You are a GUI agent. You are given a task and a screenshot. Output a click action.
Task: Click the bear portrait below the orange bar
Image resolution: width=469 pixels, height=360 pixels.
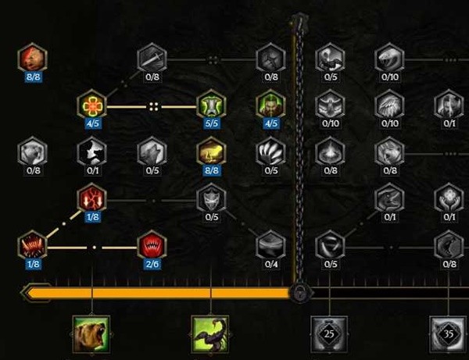coord(91,334)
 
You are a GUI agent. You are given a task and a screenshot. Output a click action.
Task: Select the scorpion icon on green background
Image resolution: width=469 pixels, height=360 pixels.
coord(210,334)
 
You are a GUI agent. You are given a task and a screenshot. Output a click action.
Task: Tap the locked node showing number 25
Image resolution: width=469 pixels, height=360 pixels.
coord(329,334)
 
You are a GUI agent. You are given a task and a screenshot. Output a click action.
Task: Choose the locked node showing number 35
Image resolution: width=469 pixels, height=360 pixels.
coord(448,334)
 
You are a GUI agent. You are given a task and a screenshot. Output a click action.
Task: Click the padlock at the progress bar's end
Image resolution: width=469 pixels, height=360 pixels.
coord(300,293)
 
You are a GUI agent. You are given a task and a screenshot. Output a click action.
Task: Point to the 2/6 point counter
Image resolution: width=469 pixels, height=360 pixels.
coord(152,264)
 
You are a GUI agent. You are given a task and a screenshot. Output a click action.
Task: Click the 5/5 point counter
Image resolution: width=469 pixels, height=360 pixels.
coord(212,123)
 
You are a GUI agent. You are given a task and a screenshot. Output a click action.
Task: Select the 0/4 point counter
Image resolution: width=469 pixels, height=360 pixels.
coord(271,264)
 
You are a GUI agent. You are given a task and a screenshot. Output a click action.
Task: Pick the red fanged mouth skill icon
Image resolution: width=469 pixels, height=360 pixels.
coord(152,245)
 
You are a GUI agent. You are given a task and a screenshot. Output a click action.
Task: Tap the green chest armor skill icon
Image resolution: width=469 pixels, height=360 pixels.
coord(212,105)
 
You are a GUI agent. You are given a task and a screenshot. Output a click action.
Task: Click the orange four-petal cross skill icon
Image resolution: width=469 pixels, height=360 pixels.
coord(92,105)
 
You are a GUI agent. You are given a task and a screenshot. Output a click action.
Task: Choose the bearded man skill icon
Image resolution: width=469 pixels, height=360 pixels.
coord(271,105)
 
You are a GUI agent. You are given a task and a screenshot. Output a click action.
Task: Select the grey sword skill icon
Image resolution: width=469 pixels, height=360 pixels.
coord(152,58)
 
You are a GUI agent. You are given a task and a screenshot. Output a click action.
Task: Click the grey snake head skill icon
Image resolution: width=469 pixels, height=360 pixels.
coord(390,58)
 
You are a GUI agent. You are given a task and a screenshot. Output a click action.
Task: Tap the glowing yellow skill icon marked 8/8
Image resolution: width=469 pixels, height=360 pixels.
coord(212,151)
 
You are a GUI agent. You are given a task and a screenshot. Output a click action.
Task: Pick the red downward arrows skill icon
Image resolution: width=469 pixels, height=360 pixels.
coord(92,198)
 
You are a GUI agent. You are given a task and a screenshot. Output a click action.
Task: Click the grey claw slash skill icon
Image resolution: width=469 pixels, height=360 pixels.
coord(271,151)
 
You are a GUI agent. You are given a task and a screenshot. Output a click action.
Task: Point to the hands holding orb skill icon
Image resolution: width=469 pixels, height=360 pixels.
coord(449,198)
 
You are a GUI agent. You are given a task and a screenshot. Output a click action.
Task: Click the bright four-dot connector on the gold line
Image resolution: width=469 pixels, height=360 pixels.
coord(154,107)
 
